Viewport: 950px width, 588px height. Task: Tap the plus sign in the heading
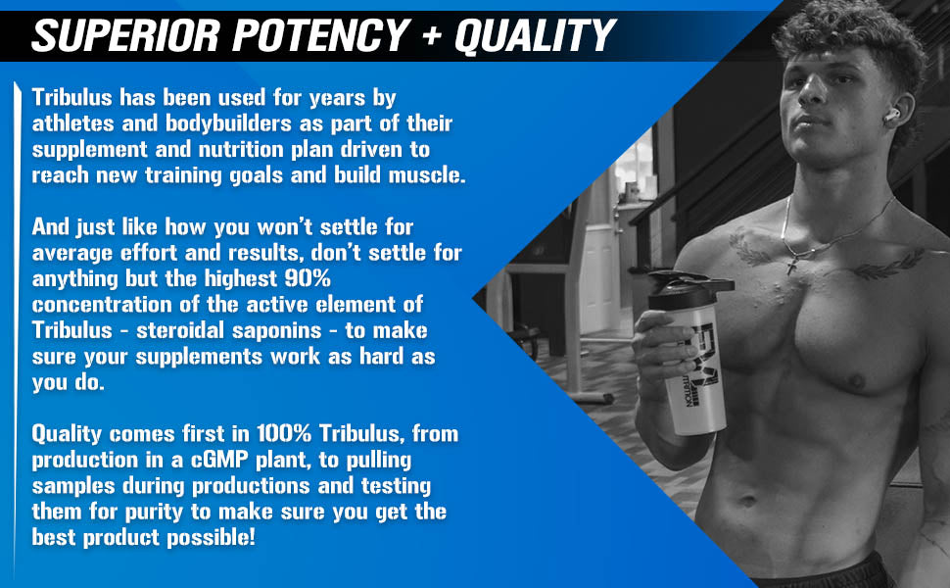click(432, 35)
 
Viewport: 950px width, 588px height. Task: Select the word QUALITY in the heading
click(536, 35)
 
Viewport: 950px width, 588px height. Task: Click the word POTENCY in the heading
click(321, 35)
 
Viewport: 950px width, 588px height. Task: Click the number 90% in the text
click(308, 278)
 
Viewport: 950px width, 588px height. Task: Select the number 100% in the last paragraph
click(284, 433)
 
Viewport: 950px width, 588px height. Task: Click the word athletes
click(72, 123)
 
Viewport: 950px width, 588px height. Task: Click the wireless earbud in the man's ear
click(891, 116)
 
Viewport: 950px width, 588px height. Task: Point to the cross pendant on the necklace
click(790, 265)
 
